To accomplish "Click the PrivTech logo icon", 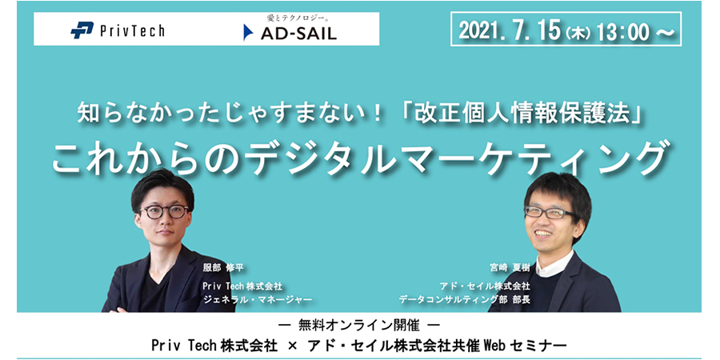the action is [x=82, y=30].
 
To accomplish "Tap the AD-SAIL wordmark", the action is [x=298, y=34].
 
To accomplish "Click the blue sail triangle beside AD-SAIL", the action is [x=248, y=33].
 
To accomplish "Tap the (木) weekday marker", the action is [x=578, y=32].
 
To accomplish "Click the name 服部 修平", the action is [x=223, y=268].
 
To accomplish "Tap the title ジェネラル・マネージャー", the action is [x=257, y=299].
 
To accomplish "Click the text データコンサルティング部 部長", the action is [x=464, y=299].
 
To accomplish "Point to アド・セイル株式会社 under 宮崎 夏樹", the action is [x=485, y=286].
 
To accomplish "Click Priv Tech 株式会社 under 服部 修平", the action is [x=242, y=286].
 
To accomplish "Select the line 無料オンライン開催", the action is [x=358, y=326].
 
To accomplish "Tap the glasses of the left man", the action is [x=164, y=211].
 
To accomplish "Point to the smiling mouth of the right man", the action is [x=544, y=234].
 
